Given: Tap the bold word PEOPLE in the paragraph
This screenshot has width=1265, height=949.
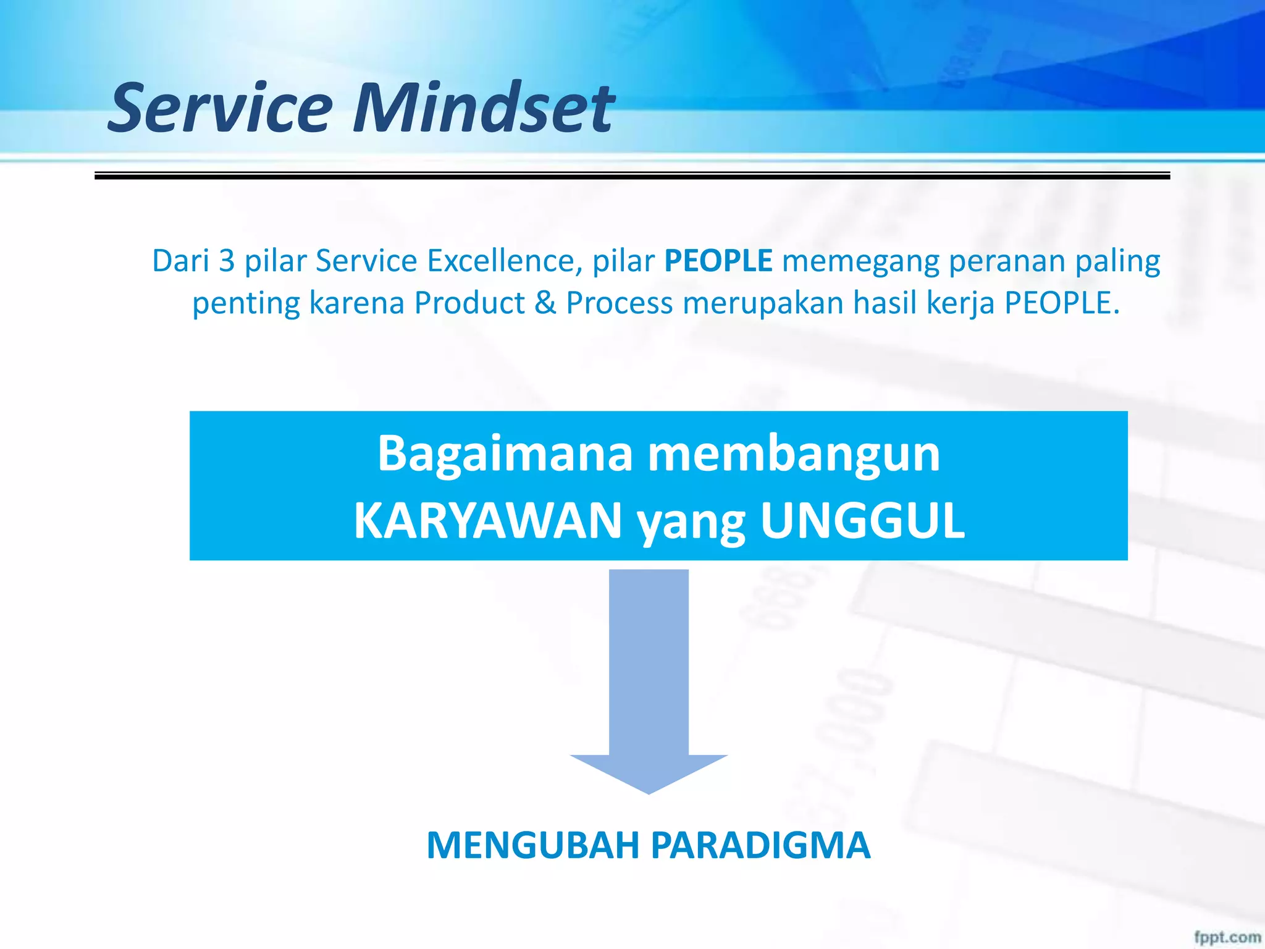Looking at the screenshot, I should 718,261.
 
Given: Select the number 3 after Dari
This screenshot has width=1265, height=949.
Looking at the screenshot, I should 227,261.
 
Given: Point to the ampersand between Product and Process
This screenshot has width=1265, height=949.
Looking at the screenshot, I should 545,303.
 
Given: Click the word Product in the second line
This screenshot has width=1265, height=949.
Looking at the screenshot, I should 469,303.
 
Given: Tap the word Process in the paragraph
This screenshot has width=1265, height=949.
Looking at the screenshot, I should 619,303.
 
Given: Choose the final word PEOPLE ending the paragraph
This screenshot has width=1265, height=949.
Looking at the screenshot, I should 1060,303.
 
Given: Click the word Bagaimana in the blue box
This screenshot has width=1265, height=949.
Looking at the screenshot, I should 505,454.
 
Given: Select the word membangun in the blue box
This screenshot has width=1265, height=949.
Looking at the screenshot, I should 793,454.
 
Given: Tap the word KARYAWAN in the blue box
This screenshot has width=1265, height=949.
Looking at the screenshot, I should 487,521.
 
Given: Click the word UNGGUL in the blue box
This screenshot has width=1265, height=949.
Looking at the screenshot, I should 862,521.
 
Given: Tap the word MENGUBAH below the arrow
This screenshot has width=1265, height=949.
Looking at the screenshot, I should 532,845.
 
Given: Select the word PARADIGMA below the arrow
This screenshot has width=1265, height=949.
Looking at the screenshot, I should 760,845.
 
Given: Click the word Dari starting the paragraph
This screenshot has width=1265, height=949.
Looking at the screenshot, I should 180,261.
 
